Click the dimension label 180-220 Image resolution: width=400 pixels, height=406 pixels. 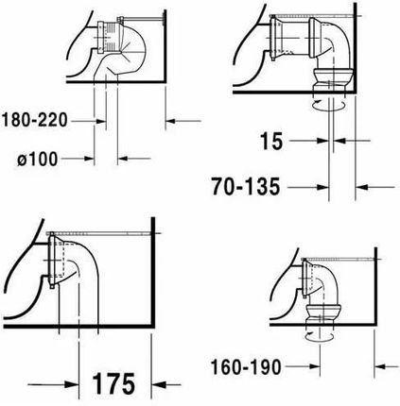pos(34,121)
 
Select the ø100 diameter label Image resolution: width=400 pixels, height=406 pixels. pos(38,159)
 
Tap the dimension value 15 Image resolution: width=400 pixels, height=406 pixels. pos(271,141)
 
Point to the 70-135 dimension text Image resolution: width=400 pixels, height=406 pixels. pos(246,187)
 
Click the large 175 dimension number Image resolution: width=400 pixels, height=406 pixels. pos(113,383)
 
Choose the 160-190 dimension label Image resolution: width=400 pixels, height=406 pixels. pos(246,367)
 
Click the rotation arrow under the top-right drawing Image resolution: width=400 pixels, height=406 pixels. pos(328,106)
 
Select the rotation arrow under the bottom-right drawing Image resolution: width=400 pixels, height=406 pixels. pos(319,336)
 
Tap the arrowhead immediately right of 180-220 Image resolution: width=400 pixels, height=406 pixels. pos(101,121)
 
